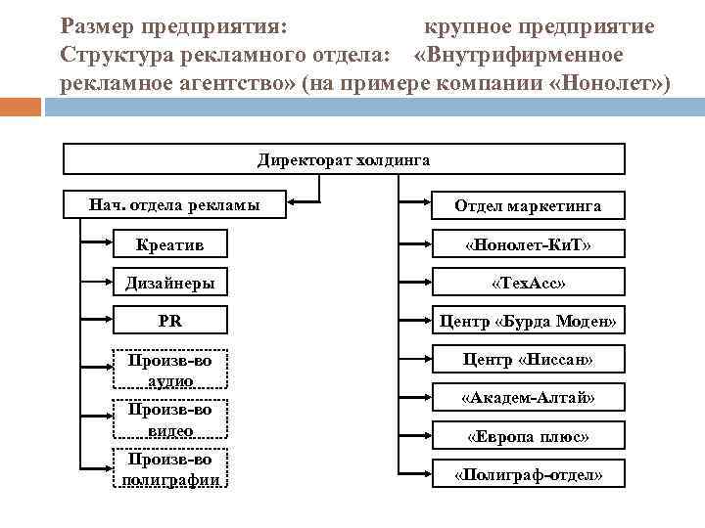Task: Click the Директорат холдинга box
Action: click(344, 159)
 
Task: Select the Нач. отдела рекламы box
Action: click(174, 204)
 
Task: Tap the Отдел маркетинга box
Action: click(528, 205)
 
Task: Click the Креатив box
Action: click(171, 243)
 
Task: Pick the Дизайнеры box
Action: click(171, 284)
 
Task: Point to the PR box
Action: click(171, 321)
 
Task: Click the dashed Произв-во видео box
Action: click(171, 419)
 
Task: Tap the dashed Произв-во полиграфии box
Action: click(171, 468)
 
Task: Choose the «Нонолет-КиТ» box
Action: click(528, 243)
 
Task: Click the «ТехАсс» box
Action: click(528, 284)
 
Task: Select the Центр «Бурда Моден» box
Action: click(528, 321)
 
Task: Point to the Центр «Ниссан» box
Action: click(528, 360)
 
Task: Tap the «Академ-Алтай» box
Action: click(528, 398)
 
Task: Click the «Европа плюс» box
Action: click(528, 436)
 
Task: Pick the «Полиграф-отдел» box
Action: click(528, 475)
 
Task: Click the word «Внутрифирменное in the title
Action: click(519, 52)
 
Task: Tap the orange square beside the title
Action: click(22, 108)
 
